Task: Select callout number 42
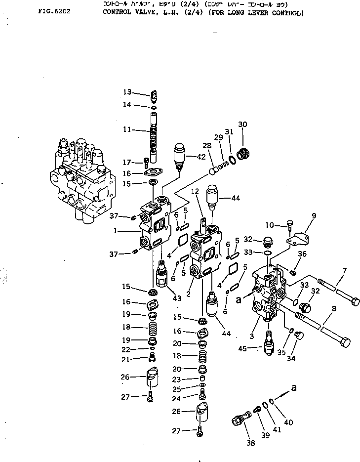point(201,157)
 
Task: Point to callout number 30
point(242,124)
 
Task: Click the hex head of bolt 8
point(346,341)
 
